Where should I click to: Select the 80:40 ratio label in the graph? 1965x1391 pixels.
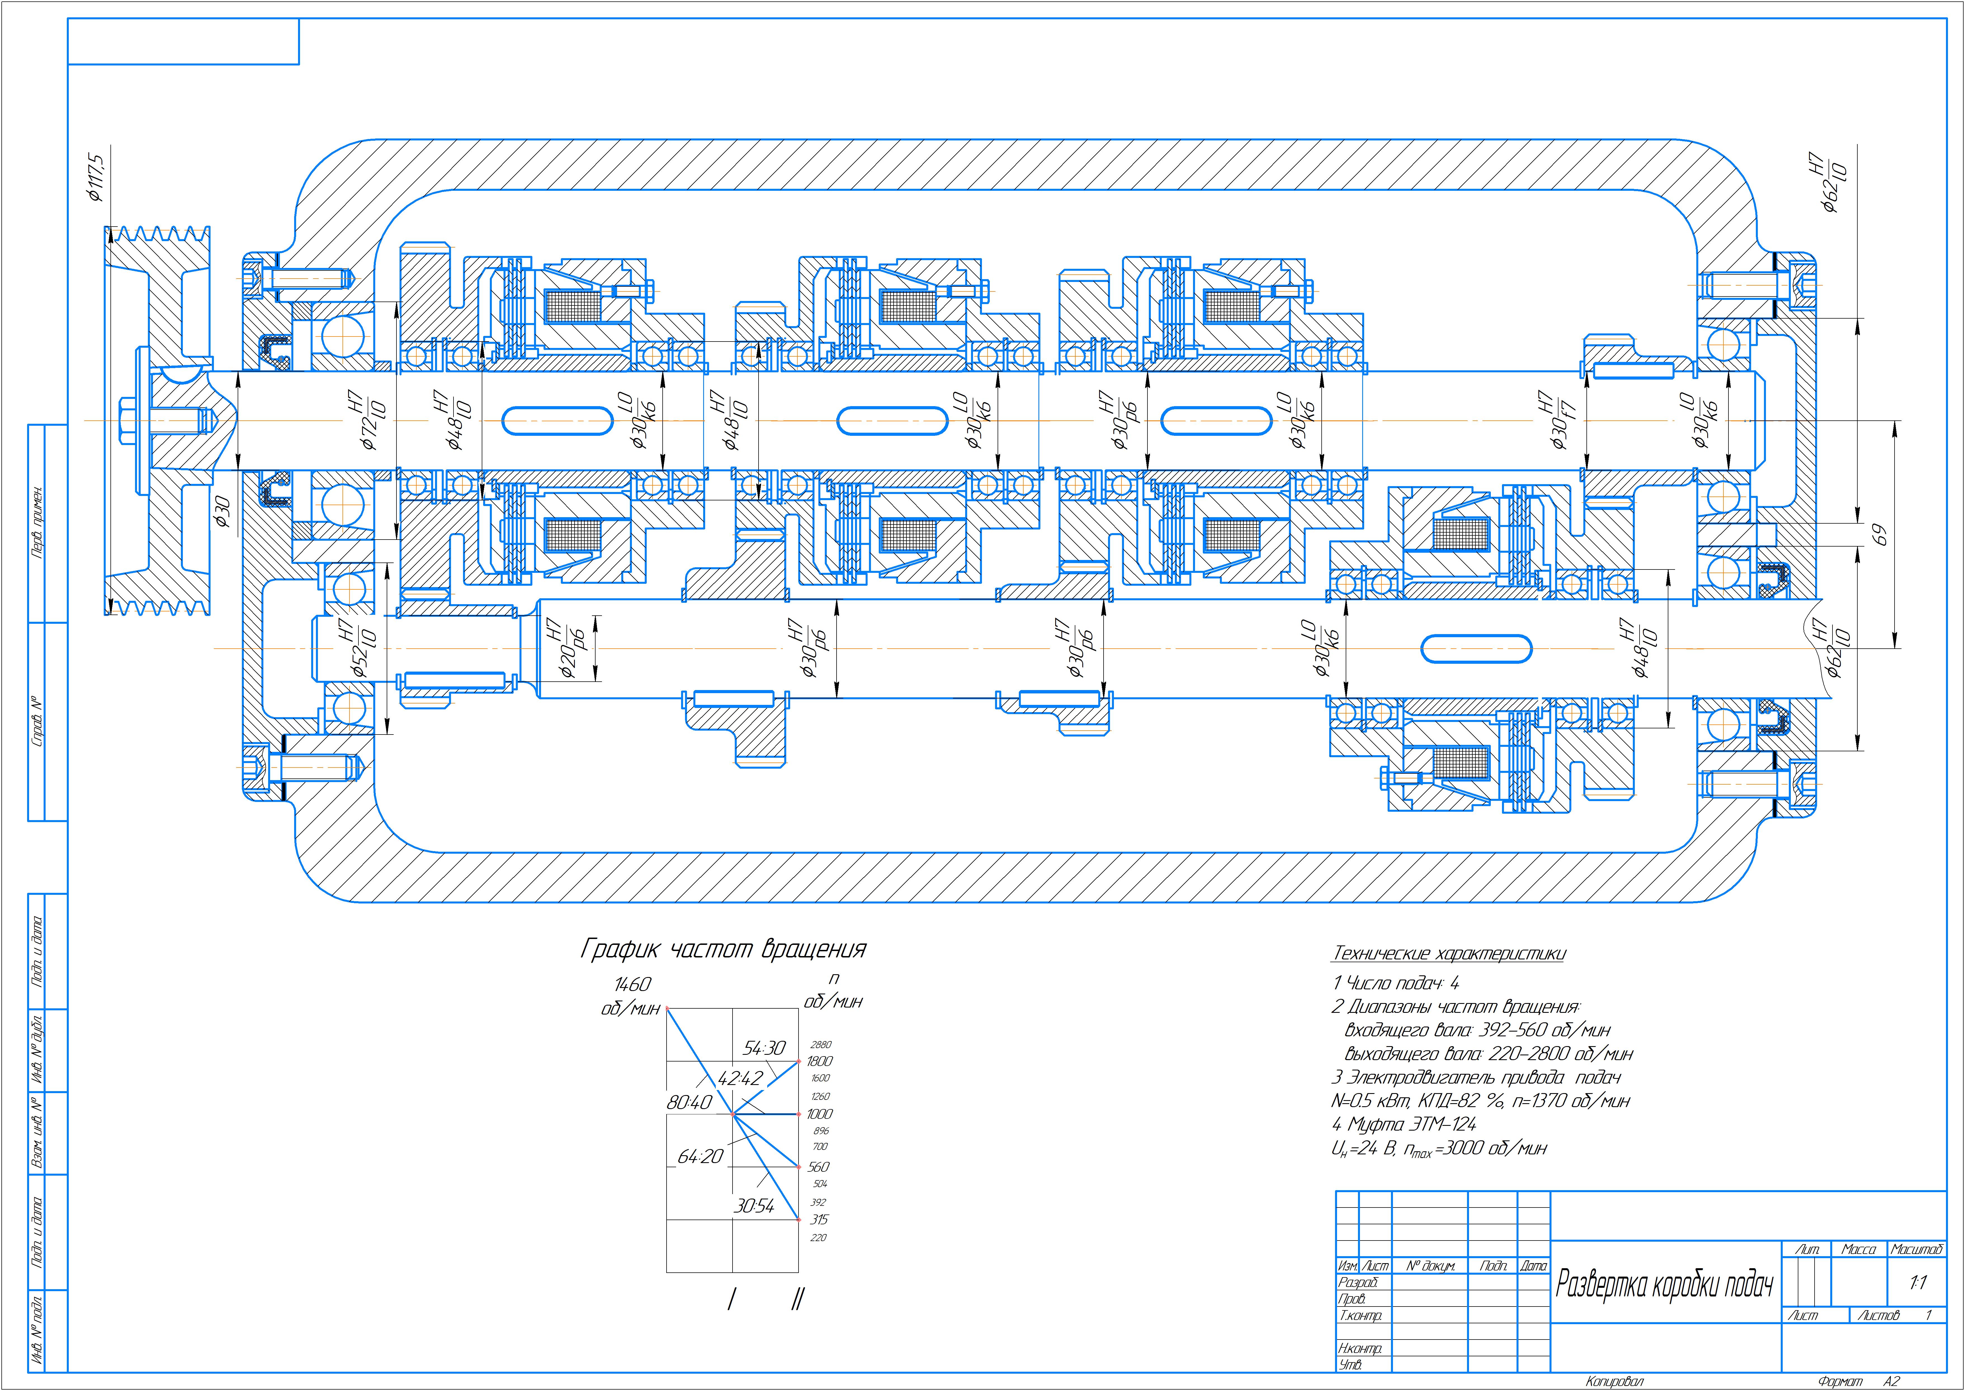689,1102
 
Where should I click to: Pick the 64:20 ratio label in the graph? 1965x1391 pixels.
700,1156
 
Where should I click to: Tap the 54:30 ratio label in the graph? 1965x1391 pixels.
764,1048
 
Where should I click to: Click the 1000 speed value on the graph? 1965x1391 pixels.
819,1114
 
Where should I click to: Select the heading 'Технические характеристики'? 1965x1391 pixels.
1449,953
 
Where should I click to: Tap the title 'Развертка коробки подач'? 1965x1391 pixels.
1664,1284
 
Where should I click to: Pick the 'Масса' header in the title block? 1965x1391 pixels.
1859,1250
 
